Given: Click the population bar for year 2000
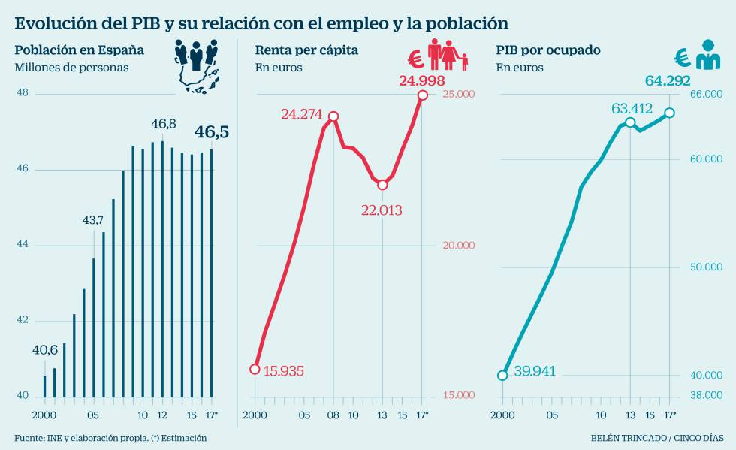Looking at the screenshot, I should [x=44, y=386].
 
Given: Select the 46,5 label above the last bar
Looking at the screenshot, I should [x=212, y=133].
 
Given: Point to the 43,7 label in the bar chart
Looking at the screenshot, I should [x=93, y=220].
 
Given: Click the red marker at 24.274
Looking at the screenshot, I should [x=333, y=116].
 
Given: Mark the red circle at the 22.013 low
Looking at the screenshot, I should [x=382, y=184].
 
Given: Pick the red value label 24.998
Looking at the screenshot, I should [x=421, y=80].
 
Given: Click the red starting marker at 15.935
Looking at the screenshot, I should [x=255, y=369].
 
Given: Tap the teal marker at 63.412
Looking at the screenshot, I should [x=630, y=122].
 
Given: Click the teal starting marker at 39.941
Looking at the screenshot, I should [x=502, y=375].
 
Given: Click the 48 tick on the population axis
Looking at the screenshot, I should [x=22, y=93].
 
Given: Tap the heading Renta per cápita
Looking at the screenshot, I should [x=306, y=50].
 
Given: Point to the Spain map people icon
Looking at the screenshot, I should [x=198, y=65].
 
